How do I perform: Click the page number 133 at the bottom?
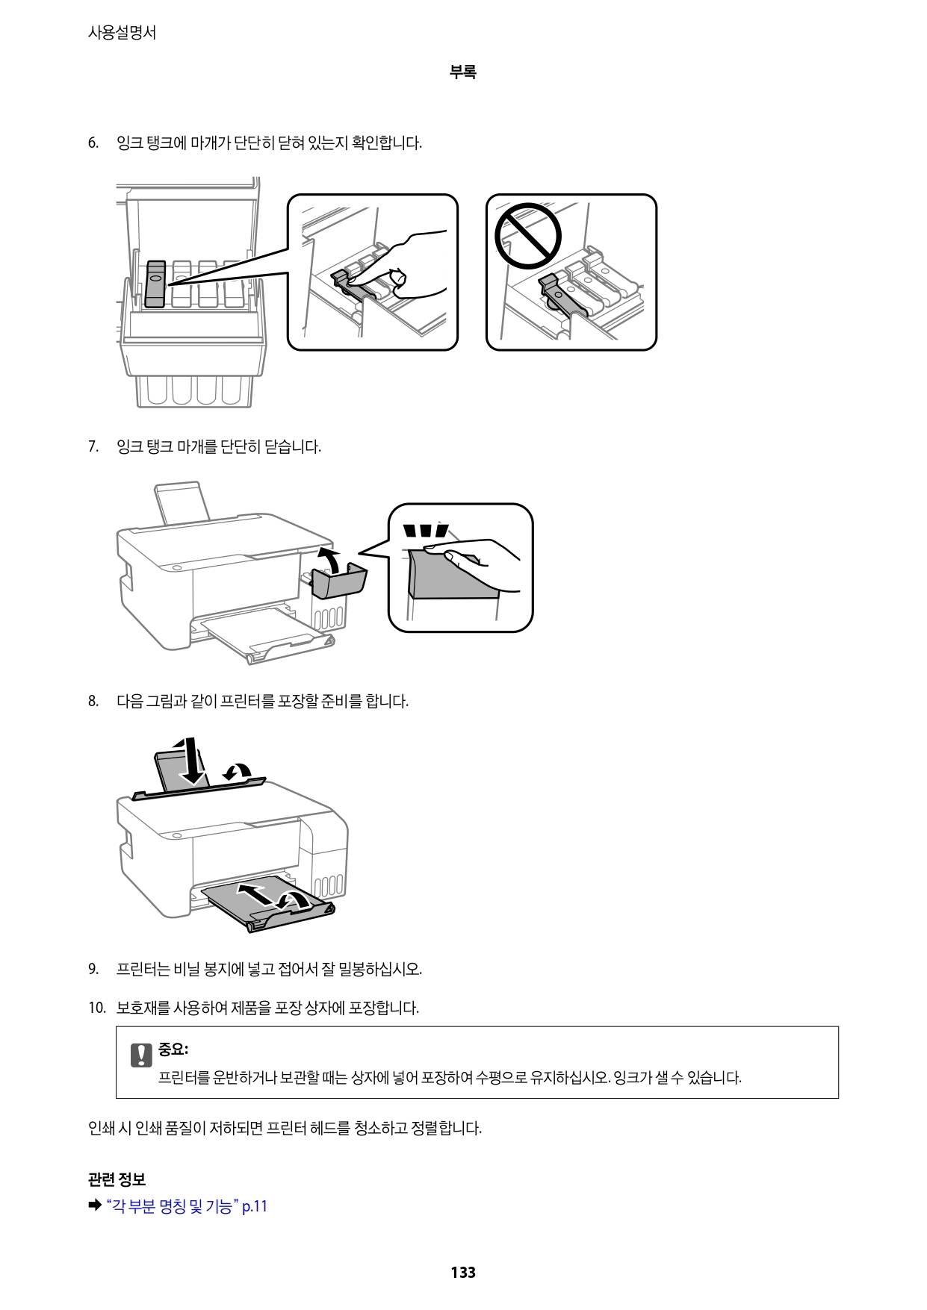coord(462,1272)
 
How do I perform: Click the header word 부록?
coord(462,72)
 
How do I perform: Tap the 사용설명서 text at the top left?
coord(122,33)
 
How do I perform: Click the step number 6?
coord(93,143)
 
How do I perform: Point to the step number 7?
coord(93,447)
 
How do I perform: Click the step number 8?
coord(93,702)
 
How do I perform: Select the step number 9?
coord(93,970)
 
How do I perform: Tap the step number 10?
coord(96,1008)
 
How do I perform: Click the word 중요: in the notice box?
coord(173,1049)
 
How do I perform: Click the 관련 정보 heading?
coord(117,1179)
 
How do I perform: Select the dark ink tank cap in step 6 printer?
coord(155,284)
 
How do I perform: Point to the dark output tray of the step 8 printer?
coord(269,903)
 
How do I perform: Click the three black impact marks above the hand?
coord(426,531)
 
